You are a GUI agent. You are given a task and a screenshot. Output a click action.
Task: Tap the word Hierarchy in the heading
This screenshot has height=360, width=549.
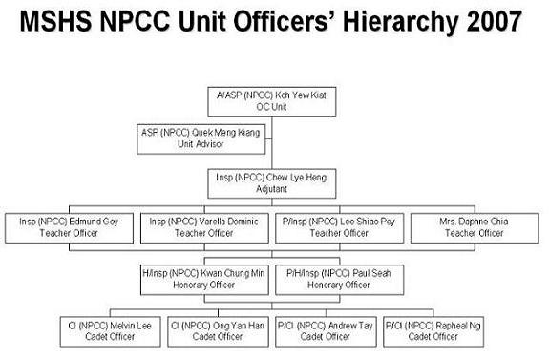click(401, 23)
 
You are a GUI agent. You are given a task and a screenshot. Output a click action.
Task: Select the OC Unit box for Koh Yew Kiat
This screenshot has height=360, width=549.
click(272, 102)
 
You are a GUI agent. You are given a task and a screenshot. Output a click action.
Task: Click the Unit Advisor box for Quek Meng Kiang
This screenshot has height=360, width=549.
click(201, 139)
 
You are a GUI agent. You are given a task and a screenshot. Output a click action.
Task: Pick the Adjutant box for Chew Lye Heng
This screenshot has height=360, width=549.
click(272, 183)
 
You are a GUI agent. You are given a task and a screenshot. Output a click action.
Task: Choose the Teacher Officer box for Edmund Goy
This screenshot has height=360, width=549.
click(69, 228)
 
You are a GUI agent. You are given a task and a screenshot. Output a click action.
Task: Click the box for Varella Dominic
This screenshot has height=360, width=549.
click(204, 228)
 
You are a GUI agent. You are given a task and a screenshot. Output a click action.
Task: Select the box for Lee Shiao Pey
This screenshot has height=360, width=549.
click(339, 228)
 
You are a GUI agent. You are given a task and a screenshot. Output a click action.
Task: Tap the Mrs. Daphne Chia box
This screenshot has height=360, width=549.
click(475, 228)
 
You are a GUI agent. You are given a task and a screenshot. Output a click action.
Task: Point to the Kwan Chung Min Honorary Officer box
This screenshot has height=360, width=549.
click(204, 280)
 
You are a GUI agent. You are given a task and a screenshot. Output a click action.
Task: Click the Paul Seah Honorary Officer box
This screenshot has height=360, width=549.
click(339, 280)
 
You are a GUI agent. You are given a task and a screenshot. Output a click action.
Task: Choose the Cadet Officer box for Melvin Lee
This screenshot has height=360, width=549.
click(111, 331)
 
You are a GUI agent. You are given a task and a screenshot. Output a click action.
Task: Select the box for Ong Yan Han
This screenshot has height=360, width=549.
click(218, 331)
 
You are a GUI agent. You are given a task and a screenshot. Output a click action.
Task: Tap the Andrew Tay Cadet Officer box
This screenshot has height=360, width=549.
click(326, 331)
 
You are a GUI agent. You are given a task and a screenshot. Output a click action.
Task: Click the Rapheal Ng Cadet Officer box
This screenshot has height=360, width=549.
click(433, 331)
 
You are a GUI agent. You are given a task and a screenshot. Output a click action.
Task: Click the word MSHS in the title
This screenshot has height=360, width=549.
click(55, 21)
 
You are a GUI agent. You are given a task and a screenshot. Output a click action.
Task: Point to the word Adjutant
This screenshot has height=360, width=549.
click(272, 189)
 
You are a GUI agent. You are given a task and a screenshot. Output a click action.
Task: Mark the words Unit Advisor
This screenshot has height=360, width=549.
click(201, 144)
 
